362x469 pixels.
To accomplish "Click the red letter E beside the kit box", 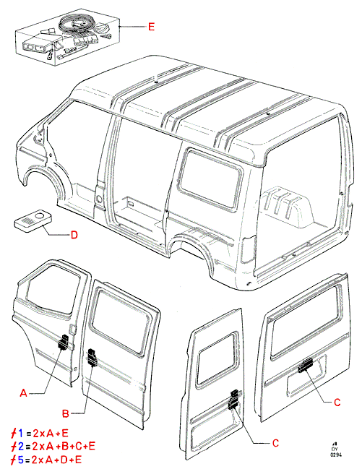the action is tap(152, 27).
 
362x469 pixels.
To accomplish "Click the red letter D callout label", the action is tap(74, 235).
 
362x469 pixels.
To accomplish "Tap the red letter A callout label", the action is tap(23, 392).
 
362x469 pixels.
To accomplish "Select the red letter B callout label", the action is tap(66, 413).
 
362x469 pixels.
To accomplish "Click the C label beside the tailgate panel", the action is tap(337, 403).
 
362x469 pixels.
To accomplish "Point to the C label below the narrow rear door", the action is tap(275, 443).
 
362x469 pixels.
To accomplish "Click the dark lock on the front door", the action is tap(63, 343).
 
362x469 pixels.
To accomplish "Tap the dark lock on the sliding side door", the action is tap(92, 357).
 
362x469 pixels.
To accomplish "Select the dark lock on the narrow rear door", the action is tap(233, 400).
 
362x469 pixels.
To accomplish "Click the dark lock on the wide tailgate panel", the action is tap(306, 366).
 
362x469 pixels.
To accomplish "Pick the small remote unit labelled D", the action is tap(33, 220).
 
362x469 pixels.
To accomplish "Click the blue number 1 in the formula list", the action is tap(20, 433).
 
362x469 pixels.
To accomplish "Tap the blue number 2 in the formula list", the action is tap(21, 447).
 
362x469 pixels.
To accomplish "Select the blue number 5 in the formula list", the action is tap(21, 460).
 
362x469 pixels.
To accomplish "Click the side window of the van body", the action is tap(210, 179).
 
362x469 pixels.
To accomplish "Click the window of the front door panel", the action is tap(53, 286).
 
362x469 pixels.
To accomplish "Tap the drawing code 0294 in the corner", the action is tap(336, 455).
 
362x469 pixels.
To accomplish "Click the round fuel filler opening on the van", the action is tap(98, 198).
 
